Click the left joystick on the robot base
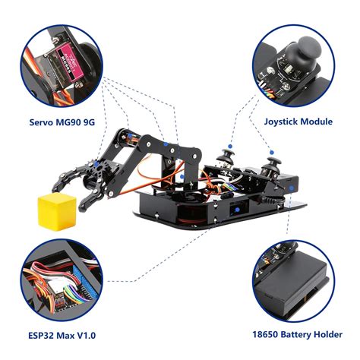point(226,158)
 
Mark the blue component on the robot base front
point(238,207)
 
